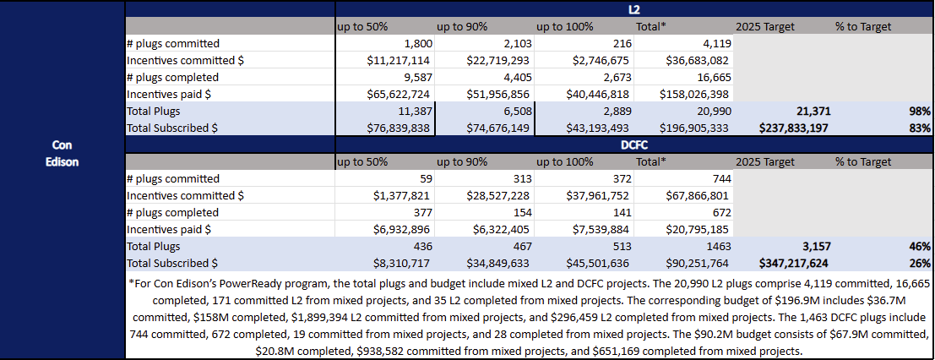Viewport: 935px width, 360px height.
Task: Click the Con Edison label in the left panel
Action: click(62, 153)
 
